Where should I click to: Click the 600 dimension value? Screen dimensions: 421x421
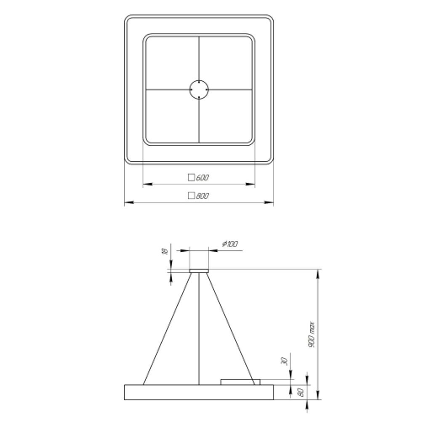[203, 178]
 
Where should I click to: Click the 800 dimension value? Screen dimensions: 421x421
[203, 196]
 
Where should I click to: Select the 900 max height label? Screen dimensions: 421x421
[312, 335]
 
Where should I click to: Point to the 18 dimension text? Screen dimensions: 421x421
[165, 251]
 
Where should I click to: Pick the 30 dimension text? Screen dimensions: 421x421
[285, 361]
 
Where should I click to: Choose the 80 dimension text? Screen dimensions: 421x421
[301, 392]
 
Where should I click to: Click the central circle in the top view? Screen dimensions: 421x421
[199, 90]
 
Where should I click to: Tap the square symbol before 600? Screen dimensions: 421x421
[191, 178]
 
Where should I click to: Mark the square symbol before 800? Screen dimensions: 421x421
[191, 196]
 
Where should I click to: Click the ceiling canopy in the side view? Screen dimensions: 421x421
[199, 270]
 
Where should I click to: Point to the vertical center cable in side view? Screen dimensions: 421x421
[199, 328]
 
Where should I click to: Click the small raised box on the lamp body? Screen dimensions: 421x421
[240, 381]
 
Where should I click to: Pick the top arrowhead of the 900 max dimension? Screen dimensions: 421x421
[318, 273]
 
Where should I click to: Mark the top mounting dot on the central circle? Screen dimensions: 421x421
[199, 82]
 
